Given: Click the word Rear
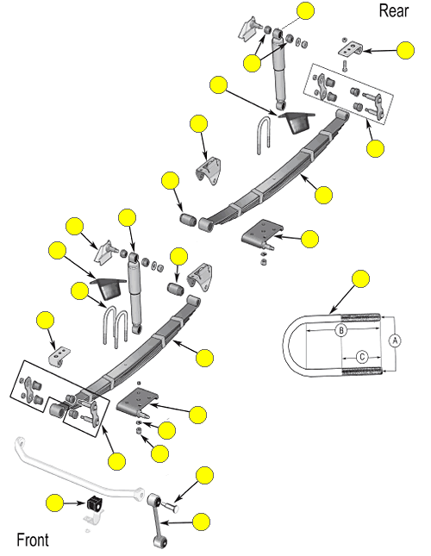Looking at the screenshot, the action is point(394,10).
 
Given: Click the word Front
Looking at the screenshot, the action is point(33,540).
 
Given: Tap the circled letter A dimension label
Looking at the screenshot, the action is point(395,341).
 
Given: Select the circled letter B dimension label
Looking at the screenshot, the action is point(341,330).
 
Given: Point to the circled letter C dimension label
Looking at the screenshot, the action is point(362,357).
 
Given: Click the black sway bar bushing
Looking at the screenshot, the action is point(94,503).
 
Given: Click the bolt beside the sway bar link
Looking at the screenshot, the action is point(171,506).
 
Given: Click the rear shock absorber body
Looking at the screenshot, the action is point(279,70).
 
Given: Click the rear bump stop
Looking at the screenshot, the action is point(297,122).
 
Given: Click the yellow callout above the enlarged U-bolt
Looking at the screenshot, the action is point(361,278).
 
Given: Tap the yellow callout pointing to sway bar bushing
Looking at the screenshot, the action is point(54,503).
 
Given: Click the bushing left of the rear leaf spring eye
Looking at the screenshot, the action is point(188,219).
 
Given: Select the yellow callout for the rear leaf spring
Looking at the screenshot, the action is point(323,195).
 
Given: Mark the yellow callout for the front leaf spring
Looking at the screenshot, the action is point(205,358).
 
